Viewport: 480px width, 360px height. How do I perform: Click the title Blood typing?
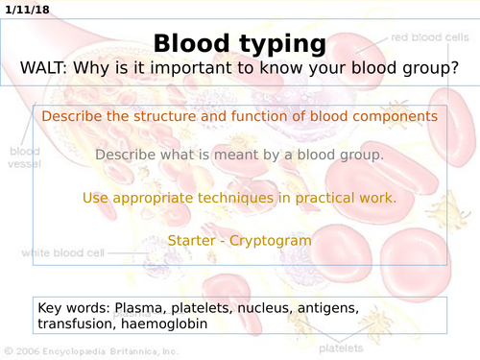point(239,43)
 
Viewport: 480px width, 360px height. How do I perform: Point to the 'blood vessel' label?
point(24,158)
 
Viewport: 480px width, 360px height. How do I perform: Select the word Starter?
point(193,240)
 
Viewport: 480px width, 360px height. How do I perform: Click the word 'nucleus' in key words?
point(258,308)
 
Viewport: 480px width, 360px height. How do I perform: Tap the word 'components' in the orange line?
point(396,116)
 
